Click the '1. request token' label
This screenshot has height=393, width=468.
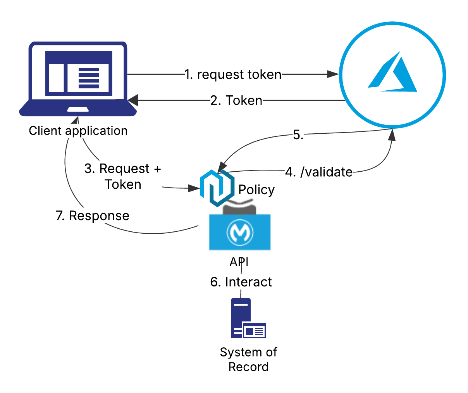point(233,74)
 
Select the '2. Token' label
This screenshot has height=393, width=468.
point(236,100)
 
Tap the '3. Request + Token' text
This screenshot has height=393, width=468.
point(122,176)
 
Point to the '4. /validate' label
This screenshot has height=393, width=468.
point(319,172)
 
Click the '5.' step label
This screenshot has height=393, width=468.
point(298,135)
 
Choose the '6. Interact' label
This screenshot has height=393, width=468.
point(241,282)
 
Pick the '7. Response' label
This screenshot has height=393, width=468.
point(93,215)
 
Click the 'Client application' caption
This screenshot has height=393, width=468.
point(78,131)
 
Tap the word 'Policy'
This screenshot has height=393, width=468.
point(256,190)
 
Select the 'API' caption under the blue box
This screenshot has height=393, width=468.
point(239,262)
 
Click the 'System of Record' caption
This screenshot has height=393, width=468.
point(248,359)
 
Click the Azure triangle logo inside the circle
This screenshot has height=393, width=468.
point(392,74)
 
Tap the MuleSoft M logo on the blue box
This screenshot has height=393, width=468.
point(240,233)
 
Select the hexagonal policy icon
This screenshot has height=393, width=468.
point(217,188)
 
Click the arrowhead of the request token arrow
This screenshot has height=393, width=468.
point(333,74)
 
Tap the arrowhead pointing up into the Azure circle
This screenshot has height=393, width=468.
point(392,135)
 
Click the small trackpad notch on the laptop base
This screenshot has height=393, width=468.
point(78,109)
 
